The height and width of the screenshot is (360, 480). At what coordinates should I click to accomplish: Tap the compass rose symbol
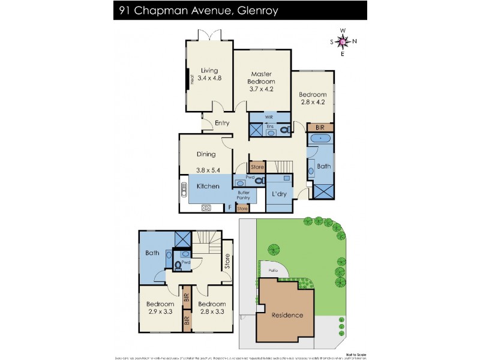(x=343, y=41)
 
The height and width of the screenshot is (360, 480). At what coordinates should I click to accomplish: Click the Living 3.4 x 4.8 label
(x=209, y=74)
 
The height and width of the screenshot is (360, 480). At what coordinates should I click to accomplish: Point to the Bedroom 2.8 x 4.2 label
(x=313, y=98)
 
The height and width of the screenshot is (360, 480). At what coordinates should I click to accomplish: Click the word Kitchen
(x=208, y=187)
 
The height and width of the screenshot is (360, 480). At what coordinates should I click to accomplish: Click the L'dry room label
(x=278, y=194)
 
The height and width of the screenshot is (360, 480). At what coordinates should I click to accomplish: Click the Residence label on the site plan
(x=287, y=315)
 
